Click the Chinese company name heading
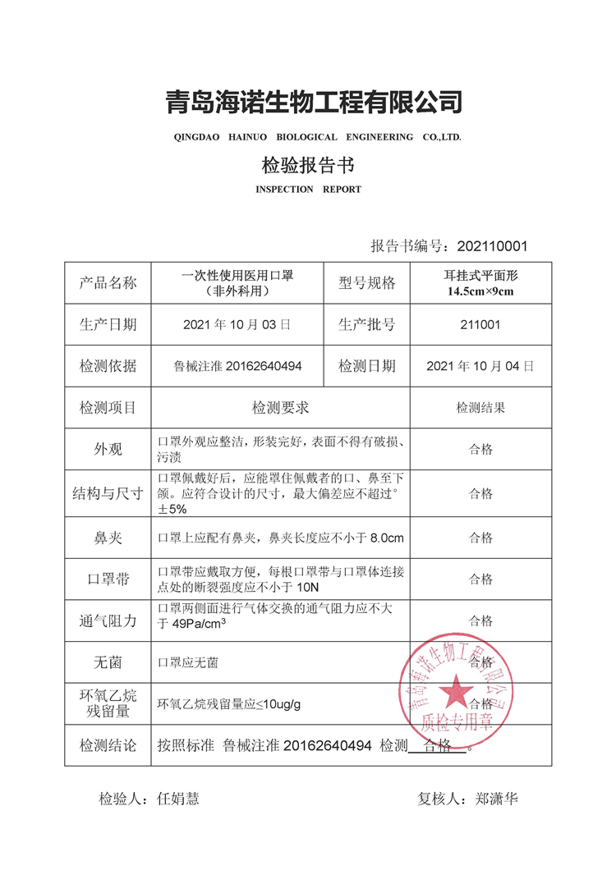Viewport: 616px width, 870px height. [x=314, y=102]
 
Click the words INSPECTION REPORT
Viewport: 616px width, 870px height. [x=308, y=190]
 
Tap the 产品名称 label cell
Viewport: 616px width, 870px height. [x=108, y=283]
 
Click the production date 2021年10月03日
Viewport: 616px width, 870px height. [x=237, y=324]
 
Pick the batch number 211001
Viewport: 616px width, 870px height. [x=480, y=324]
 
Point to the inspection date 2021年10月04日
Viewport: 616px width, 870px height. [x=480, y=366]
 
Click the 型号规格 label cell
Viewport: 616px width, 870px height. [x=366, y=283]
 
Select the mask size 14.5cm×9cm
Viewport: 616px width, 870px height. [x=480, y=291]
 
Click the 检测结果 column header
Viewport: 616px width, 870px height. [x=480, y=407]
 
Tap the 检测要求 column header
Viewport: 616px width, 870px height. [x=280, y=407]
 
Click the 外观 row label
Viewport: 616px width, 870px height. [x=108, y=449]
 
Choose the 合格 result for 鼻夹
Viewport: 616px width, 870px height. [x=480, y=538]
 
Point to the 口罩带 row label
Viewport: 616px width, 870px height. [x=108, y=579]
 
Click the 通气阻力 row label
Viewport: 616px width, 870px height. [x=108, y=620]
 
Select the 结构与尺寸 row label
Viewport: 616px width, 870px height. [x=108, y=494]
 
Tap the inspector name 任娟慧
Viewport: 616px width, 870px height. [x=177, y=799]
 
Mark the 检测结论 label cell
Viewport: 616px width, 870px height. [x=108, y=746]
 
